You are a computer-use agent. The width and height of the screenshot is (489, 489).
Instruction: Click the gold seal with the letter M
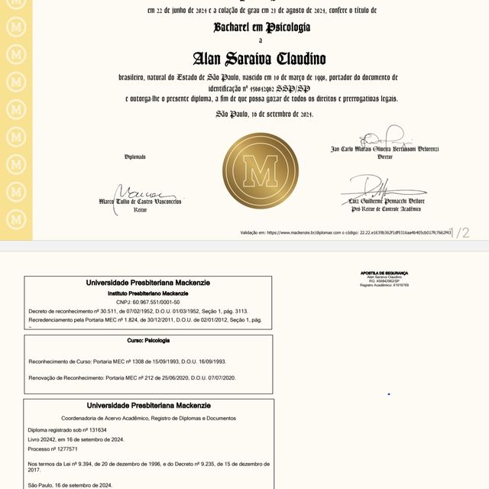(x=260, y=171)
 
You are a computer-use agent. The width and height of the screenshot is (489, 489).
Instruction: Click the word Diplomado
(x=135, y=157)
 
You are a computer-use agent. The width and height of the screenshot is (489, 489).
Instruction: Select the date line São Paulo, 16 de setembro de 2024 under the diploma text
(x=264, y=114)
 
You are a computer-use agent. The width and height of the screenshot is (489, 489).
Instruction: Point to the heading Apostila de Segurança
(x=384, y=273)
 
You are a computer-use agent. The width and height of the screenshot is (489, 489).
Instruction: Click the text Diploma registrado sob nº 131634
(x=67, y=430)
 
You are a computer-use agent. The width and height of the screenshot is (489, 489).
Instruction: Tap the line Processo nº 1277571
(x=57, y=451)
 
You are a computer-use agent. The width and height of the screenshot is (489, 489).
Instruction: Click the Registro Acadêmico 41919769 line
(x=384, y=285)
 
